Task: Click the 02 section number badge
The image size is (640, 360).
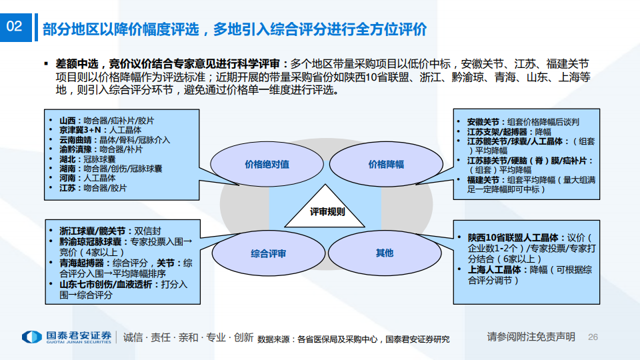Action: [16, 27]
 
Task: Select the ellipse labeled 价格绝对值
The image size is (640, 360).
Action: [267, 164]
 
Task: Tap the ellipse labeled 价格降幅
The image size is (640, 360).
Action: [386, 164]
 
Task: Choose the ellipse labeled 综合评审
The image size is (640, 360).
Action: [268, 253]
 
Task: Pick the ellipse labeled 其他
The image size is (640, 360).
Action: [385, 253]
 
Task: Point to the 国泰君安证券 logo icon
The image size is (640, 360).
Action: [32, 337]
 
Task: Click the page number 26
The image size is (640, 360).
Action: [593, 337]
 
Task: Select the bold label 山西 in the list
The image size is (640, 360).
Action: [67, 121]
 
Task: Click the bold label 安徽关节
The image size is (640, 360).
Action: [483, 122]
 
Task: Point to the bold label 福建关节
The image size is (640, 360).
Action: [483, 180]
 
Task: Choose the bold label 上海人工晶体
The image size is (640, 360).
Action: [494, 270]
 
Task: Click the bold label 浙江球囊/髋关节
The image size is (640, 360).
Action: [92, 231]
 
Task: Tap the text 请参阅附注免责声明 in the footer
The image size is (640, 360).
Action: [531, 337]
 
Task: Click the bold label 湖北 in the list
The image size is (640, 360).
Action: [67, 159]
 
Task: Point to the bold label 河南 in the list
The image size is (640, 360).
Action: [67, 178]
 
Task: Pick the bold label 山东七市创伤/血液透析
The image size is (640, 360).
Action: [106, 285]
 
